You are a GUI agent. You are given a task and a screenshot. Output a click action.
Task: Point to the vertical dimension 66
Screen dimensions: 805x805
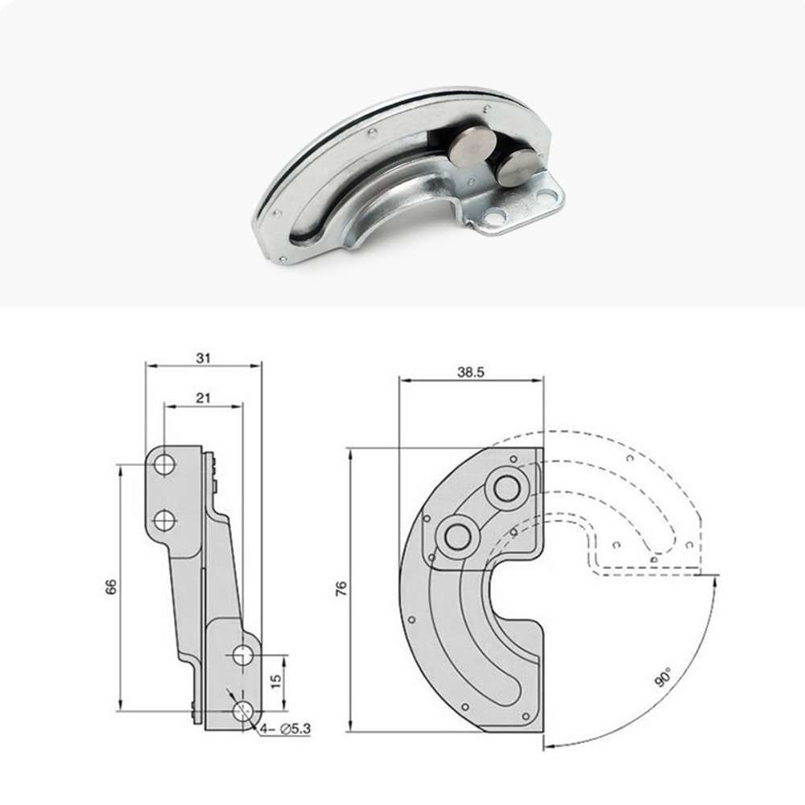112,587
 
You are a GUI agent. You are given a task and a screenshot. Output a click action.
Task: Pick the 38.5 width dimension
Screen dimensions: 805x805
472,373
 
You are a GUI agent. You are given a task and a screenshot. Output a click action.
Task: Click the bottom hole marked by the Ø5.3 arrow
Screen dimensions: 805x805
242,710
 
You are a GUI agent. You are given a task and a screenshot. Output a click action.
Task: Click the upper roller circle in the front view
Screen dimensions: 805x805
508,487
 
